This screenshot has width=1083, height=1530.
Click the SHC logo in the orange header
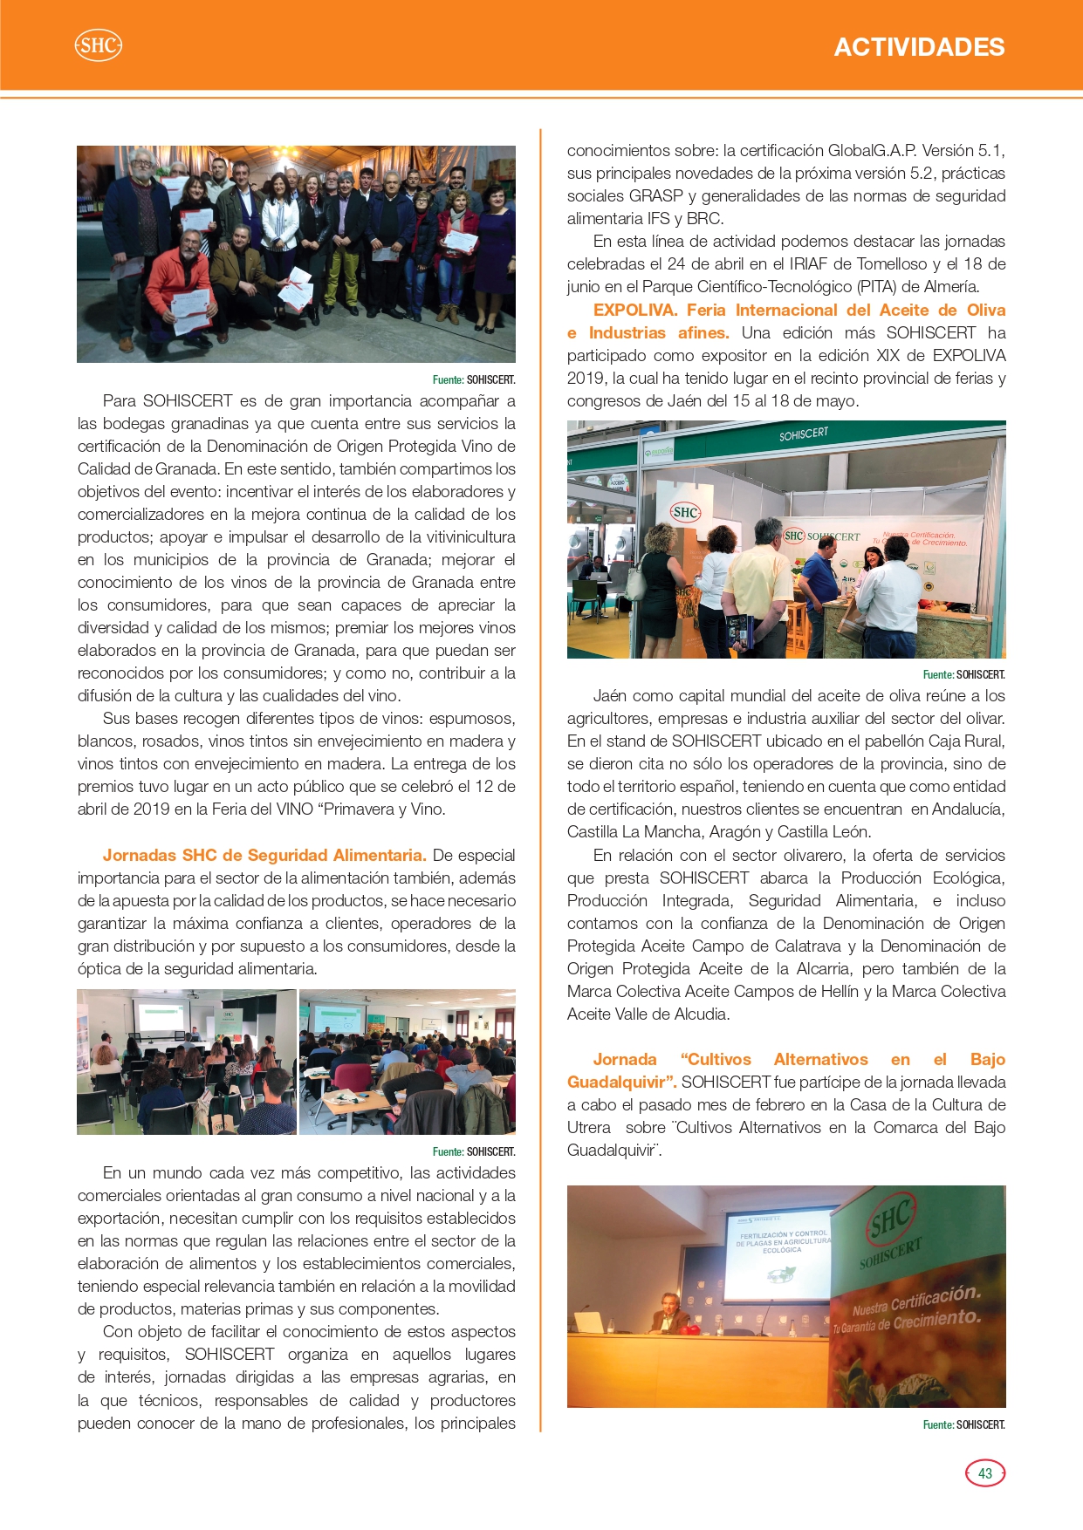click(98, 45)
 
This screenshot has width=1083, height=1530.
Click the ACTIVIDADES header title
click(919, 47)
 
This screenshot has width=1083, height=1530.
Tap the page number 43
click(985, 1473)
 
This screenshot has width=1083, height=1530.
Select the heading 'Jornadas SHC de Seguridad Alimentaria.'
click(264, 855)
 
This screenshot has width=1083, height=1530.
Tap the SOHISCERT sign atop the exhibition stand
click(804, 434)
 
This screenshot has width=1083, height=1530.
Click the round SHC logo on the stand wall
click(685, 512)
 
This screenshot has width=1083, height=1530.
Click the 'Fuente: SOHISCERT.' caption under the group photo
click(473, 379)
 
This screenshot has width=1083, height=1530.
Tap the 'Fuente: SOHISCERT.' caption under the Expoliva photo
click(963, 674)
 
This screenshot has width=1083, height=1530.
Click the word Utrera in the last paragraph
click(589, 1127)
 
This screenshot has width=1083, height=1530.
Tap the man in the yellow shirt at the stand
click(758, 576)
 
